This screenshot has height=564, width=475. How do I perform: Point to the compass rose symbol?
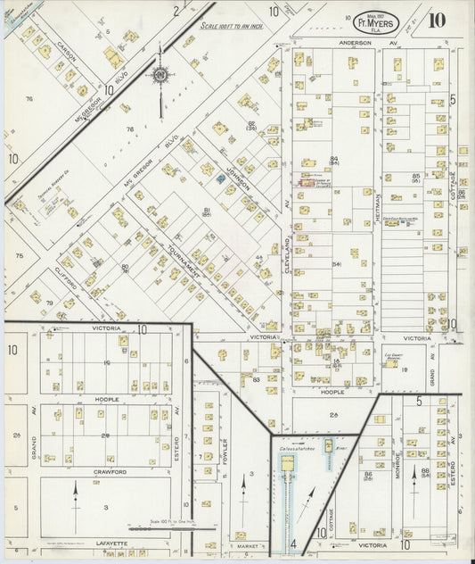(160, 76)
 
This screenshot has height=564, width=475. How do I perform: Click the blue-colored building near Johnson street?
(221, 179)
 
